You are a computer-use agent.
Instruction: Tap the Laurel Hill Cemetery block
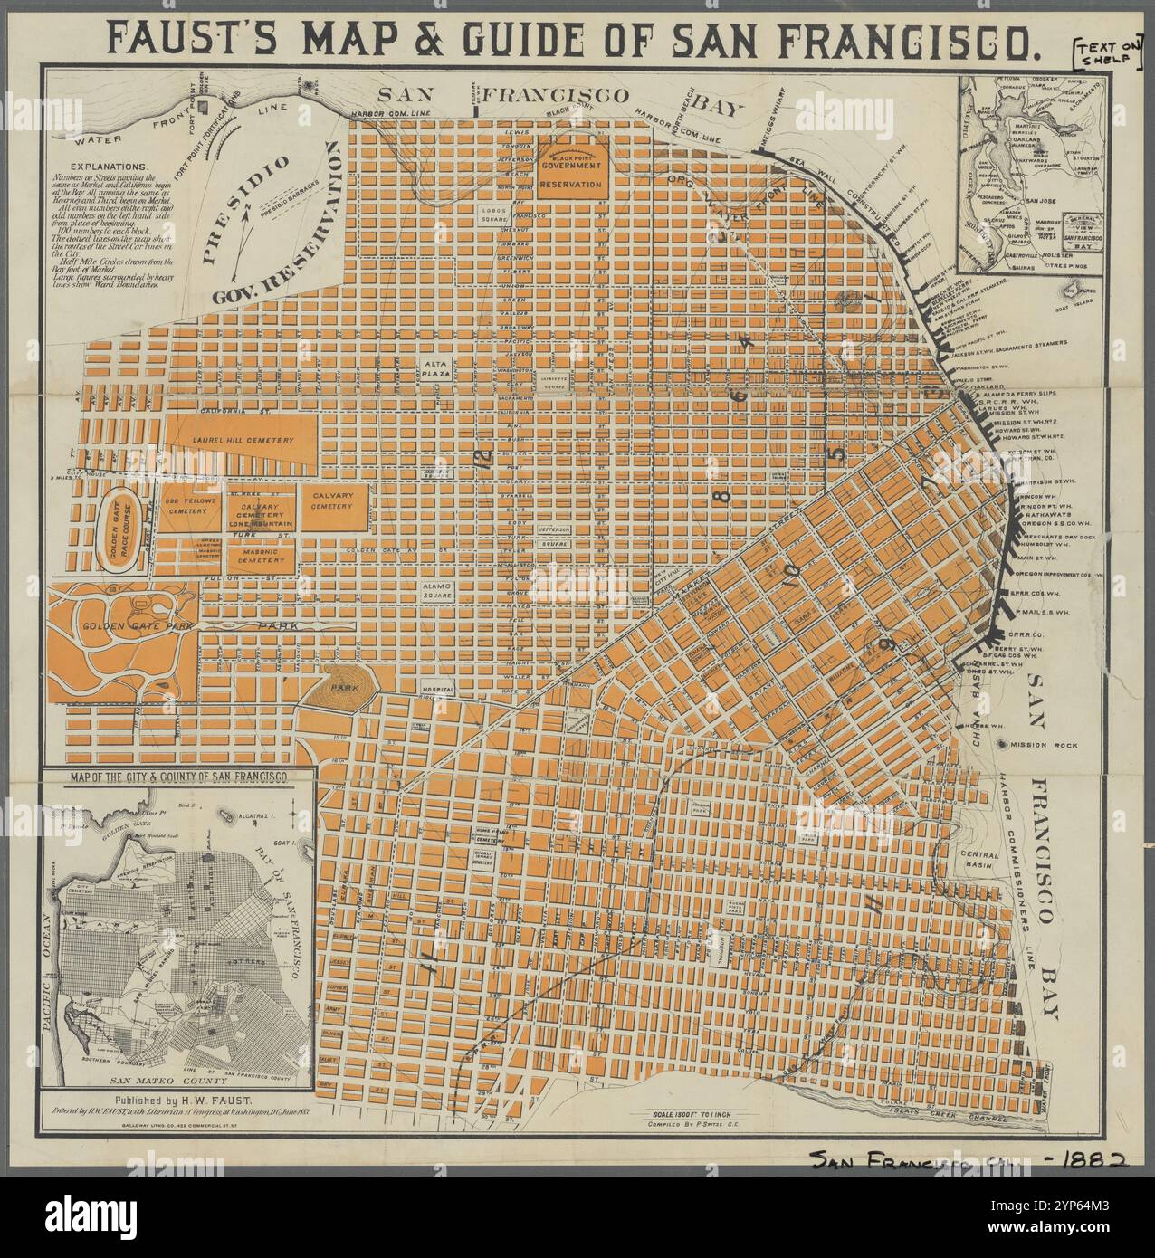[x=242, y=440]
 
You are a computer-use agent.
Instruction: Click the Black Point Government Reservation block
[x=570, y=167]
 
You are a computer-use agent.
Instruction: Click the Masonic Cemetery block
[x=262, y=557]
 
